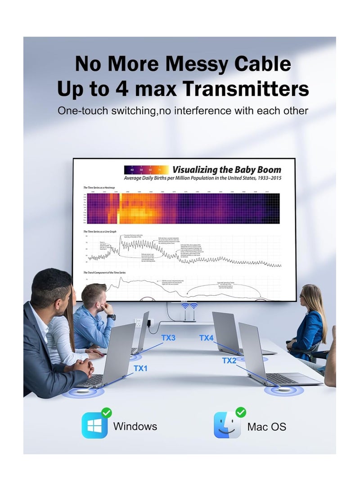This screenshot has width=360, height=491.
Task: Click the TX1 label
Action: [x=140, y=369]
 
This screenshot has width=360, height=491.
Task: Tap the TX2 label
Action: [x=229, y=360]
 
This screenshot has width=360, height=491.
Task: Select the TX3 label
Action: [x=168, y=338]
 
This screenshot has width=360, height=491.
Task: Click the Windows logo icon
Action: [x=94, y=426]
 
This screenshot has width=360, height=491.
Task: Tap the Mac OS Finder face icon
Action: [x=227, y=425]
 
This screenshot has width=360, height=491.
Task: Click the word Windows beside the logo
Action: [x=135, y=426]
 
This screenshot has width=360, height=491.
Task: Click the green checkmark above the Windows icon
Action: [x=107, y=412]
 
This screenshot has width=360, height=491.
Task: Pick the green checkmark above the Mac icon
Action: [x=241, y=412]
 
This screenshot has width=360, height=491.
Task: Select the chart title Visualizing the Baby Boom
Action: [x=227, y=170]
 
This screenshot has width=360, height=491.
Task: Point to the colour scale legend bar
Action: [x=147, y=170]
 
